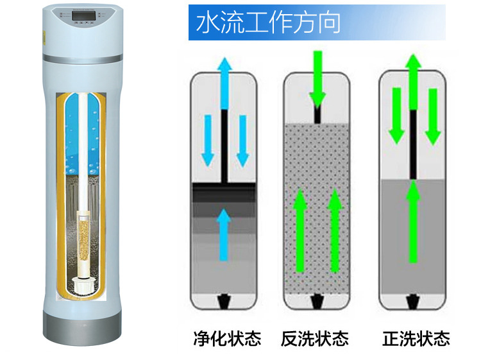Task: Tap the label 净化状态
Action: (227, 338)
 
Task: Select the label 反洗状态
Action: (314, 338)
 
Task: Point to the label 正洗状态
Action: (416, 338)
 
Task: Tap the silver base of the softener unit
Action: (81, 329)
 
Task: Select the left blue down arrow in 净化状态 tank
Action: (207, 139)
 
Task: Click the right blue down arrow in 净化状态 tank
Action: (242, 139)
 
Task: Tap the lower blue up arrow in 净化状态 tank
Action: (223, 234)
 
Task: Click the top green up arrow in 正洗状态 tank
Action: (414, 80)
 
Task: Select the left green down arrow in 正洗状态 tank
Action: (396, 116)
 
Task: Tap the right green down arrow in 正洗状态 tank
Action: (433, 116)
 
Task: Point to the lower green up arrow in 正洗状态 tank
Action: (414, 221)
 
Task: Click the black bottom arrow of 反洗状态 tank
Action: (317, 300)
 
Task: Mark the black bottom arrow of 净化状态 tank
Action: (224, 300)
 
